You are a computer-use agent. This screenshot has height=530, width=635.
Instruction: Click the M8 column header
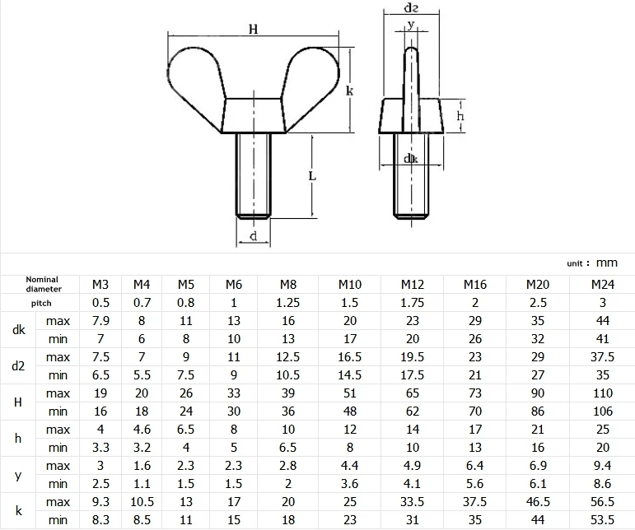point(288,285)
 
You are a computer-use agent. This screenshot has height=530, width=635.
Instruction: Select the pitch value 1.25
point(288,303)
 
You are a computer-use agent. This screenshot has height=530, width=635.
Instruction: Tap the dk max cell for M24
point(603,321)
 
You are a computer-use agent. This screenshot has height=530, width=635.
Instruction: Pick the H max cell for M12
point(413,393)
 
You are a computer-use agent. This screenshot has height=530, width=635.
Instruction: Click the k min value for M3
point(100,520)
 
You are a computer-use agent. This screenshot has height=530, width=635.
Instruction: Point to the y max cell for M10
point(349,466)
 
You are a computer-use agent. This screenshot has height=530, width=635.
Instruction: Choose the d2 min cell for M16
point(475,375)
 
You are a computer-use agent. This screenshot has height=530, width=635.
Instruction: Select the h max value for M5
point(186,430)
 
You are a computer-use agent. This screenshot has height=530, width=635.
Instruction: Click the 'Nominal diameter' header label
point(43,285)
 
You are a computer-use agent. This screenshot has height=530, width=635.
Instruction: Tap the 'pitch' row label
point(41,303)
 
